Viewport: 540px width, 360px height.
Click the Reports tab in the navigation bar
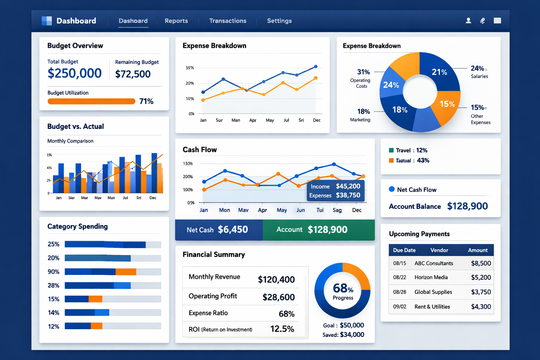[x=176, y=21]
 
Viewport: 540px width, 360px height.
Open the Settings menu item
[x=279, y=21]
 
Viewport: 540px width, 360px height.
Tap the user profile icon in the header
[x=468, y=21]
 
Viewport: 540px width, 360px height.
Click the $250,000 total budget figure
[x=75, y=73]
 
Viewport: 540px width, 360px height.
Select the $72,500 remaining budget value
[x=133, y=74]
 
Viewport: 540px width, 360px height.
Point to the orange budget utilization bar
[x=91, y=102]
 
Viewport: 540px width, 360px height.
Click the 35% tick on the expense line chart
[x=190, y=68]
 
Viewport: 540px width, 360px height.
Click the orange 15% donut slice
[x=446, y=104]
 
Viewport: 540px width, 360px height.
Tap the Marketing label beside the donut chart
[x=360, y=120]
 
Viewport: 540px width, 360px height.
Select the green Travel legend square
[x=391, y=150]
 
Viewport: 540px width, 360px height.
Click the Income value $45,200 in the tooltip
[x=348, y=186]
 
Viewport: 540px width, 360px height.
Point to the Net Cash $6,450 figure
[x=233, y=230]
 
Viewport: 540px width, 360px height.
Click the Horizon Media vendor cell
[x=431, y=277]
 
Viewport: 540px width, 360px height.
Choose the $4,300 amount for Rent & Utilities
[x=481, y=307]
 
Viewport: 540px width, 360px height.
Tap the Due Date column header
[x=404, y=250]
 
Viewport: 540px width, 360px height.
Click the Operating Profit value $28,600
[x=278, y=297]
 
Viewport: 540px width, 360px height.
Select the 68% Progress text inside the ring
[x=343, y=291]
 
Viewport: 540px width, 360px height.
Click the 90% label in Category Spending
[x=53, y=272]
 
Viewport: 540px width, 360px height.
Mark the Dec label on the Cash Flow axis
[x=357, y=210]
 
